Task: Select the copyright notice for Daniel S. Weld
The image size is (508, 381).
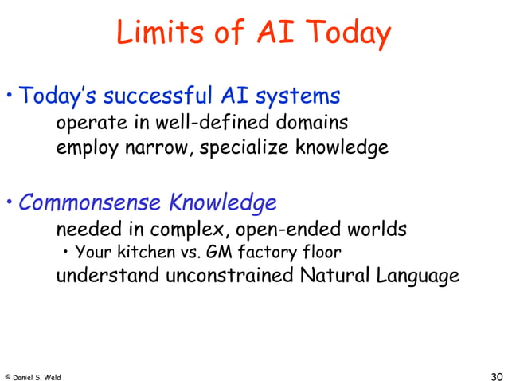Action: (33, 376)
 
